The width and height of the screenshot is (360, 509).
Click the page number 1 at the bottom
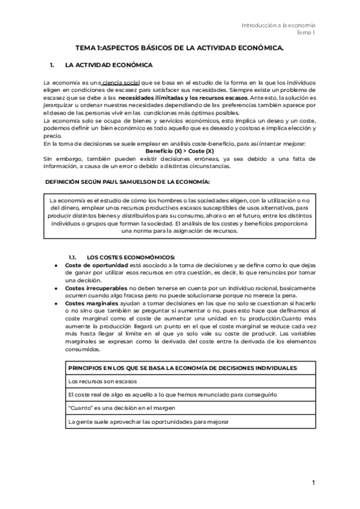(x=313, y=483)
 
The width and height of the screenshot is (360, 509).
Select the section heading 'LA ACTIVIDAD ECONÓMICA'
(x=109, y=64)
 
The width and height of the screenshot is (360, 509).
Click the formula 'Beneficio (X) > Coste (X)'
(x=179, y=151)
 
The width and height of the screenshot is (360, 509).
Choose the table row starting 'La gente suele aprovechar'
(x=148, y=422)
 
